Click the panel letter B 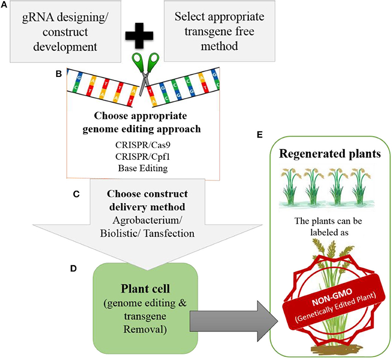(x=59, y=73)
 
